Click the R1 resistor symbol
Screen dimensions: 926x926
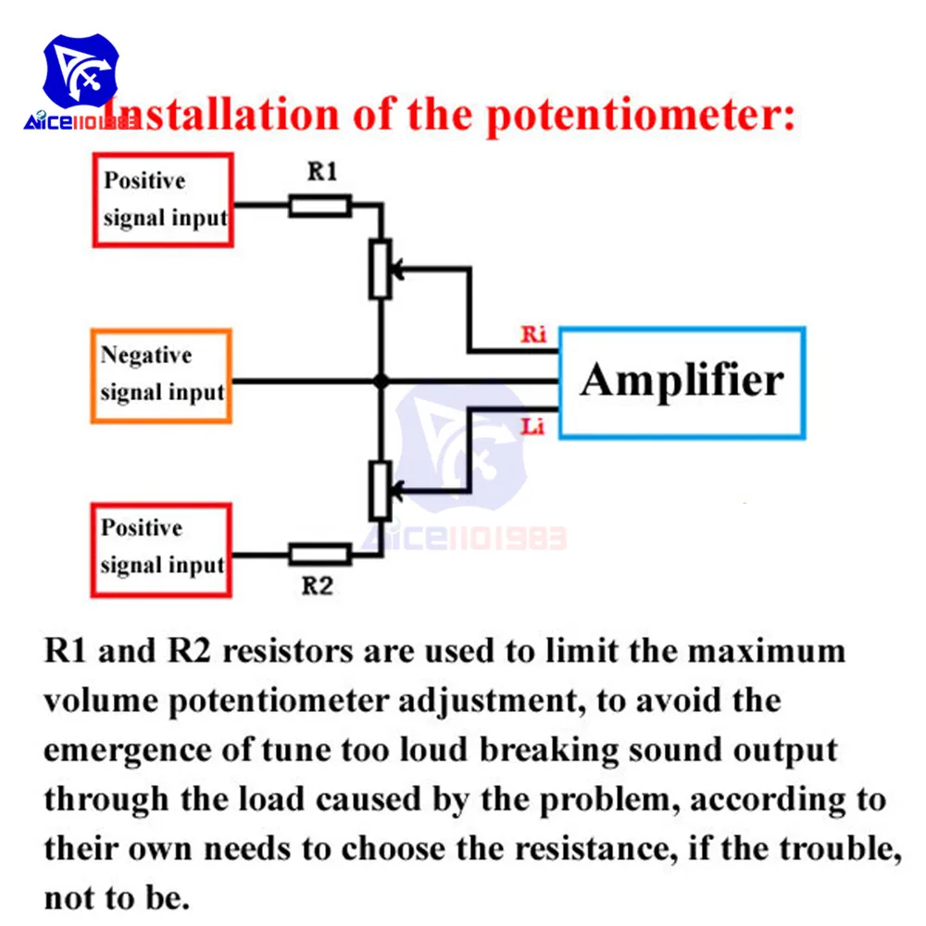[x=319, y=206]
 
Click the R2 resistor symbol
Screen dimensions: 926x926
[x=319, y=555]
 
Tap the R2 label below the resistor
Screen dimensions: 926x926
[x=318, y=586]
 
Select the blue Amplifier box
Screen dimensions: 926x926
[x=682, y=382]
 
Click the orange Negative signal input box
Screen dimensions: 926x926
[x=161, y=376]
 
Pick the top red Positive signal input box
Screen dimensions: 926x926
[x=161, y=200]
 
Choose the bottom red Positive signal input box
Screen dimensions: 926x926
[x=161, y=549]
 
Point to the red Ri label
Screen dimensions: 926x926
[x=533, y=335]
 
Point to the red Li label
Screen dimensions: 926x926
[x=533, y=427]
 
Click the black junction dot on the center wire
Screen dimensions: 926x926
[x=380, y=381]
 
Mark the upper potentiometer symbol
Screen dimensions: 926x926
[x=380, y=269]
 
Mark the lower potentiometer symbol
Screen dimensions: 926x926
[x=380, y=490]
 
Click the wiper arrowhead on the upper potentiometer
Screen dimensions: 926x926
[x=396, y=269]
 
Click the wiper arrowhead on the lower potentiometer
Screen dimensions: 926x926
[x=396, y=491]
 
